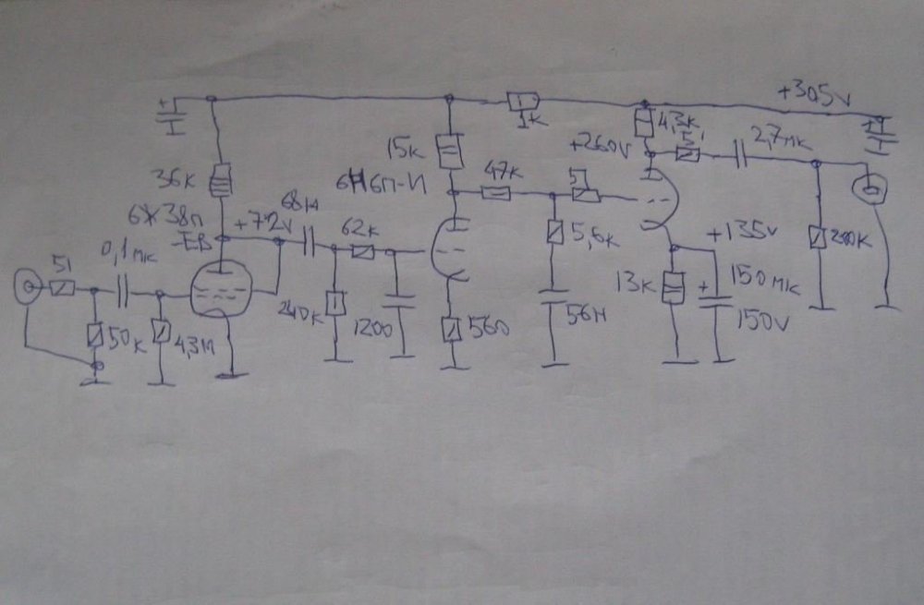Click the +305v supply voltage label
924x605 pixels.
click(x=812, y=92)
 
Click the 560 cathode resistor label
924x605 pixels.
click(x=486, y=327)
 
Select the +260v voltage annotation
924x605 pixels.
click(x=600, y=146)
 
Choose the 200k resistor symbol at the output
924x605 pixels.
click(x=816, y=238)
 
